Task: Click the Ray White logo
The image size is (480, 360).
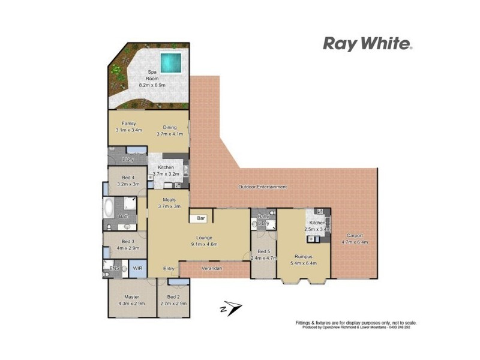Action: click(367, 43)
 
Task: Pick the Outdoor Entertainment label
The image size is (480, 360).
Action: click(262, 187)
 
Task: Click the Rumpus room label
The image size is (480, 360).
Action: click(302, 259)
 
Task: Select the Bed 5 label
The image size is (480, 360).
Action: click(264, 255)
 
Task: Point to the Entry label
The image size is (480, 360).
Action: click(169, 268)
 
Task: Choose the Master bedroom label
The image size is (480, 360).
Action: click(131, 300)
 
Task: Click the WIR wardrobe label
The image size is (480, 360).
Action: click(137, 268)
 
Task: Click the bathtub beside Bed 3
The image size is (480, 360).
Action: click(109, 208)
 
